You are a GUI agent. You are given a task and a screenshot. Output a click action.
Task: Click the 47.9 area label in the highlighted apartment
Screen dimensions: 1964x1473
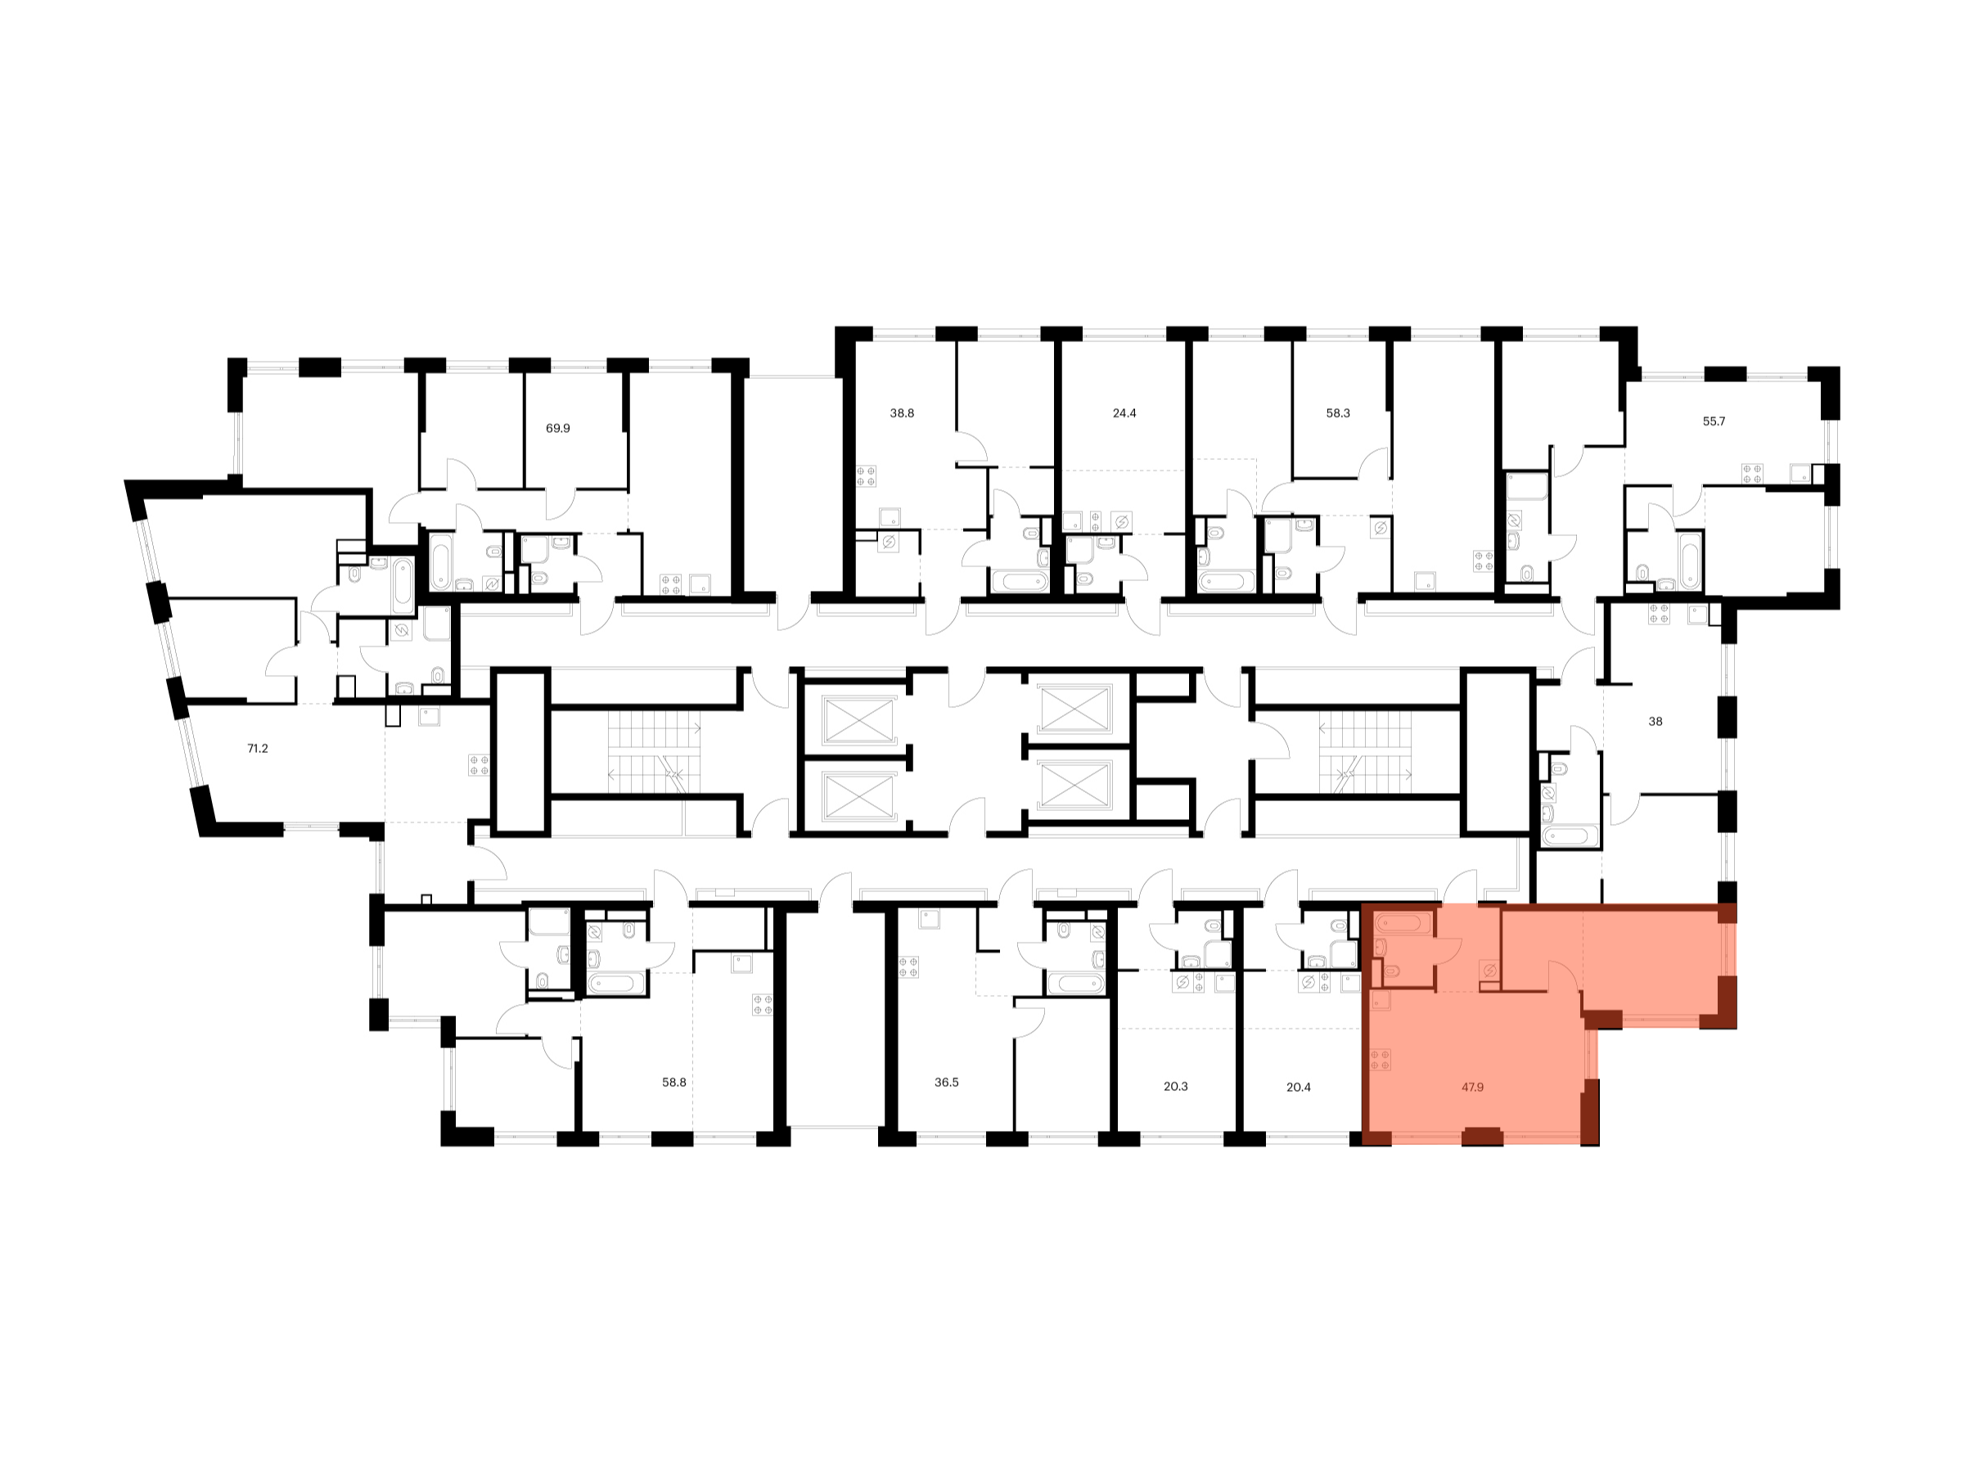click(1472, 1087)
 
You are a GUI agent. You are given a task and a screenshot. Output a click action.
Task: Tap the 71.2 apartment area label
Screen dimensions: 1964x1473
click(258, 749)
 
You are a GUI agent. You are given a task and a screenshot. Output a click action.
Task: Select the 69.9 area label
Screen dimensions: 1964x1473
click(557, 428)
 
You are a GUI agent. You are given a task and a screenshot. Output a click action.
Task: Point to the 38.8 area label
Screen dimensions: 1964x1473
click(902, 413)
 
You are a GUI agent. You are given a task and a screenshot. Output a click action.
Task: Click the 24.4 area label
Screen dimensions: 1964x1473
click(1124, 413)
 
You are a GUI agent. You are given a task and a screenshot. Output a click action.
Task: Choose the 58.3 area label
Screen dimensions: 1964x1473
click(1338, 413)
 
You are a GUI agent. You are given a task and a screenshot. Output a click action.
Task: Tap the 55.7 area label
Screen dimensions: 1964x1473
click(1714, 421)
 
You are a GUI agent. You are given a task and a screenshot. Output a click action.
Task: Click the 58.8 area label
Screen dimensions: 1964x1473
click(674, 1083)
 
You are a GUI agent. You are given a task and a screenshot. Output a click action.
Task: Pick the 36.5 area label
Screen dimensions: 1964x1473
click(947, 1083)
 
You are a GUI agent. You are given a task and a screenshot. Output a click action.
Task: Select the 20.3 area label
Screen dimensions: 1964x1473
click(1176, 1087)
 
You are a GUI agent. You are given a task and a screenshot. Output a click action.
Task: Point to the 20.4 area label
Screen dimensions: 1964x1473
click(1298, 1087)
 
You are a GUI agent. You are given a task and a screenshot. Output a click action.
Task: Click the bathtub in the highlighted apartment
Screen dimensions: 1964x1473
click(1403, 924)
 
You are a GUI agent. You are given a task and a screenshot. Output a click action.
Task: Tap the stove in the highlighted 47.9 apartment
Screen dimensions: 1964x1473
click(1381, 1059)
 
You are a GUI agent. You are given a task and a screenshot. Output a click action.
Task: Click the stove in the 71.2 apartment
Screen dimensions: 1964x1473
click(479, 765)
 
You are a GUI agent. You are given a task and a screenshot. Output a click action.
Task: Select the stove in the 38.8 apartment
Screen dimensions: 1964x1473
click(867, 476)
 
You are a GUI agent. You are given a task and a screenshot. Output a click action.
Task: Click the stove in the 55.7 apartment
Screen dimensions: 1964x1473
click(1752, 473)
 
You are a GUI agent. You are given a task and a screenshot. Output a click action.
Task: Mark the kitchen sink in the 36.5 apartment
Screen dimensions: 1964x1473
click(930, 918)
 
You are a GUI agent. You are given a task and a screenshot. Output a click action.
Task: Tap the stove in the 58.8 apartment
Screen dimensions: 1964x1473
click(763, 1004)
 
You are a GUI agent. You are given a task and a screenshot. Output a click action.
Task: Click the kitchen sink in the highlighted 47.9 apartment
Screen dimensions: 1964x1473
click(1381, 1001)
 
